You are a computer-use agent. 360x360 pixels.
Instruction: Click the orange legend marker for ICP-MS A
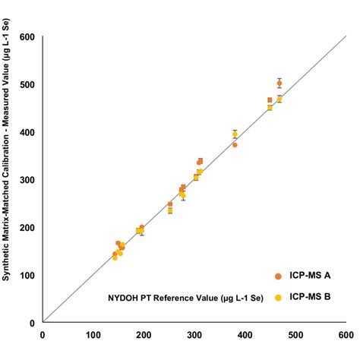(x=279, y=276)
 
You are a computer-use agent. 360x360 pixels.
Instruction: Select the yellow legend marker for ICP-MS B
(x=279, y=298)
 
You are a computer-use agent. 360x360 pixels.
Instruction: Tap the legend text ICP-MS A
(x=311, y=276)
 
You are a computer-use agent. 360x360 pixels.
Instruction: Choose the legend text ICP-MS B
(x=311, y=298)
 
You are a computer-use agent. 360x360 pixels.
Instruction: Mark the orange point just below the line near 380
(x=235, y=144)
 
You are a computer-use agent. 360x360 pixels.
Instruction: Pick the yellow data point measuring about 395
(x=235, y=134)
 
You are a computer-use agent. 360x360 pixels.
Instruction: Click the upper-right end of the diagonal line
(x=346, y=37)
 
